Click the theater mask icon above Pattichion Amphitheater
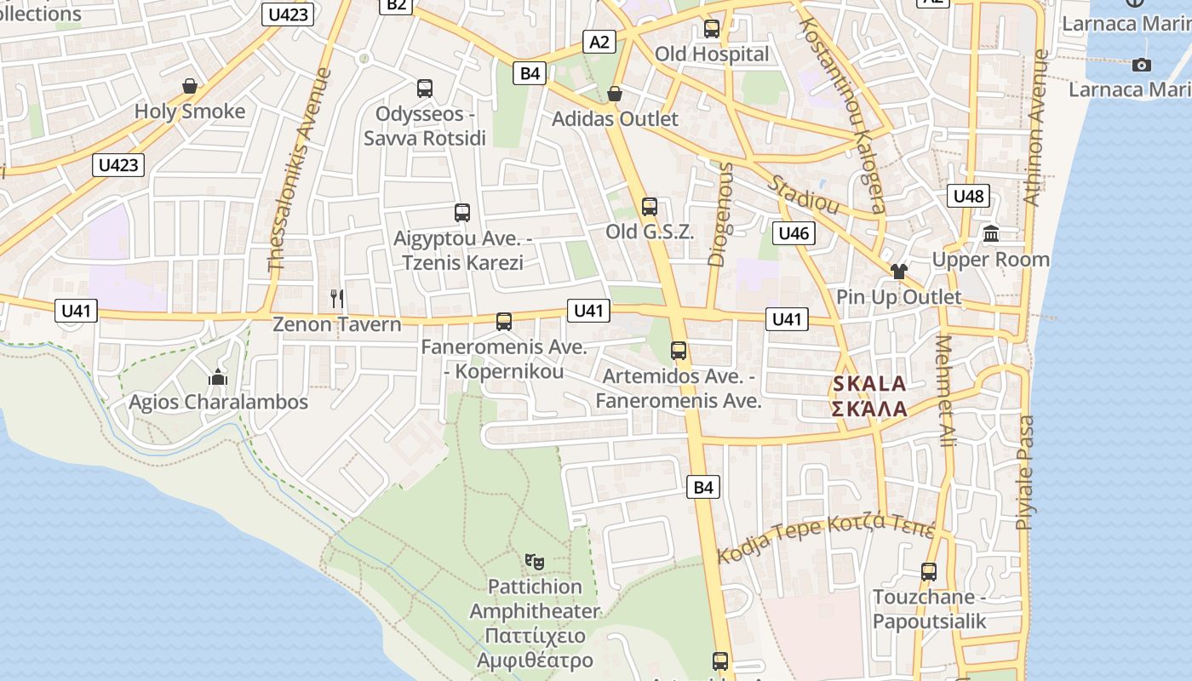point(535,561)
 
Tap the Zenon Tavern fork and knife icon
point(337,298)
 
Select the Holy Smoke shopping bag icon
point(190,86)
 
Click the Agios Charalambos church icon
point(218,376)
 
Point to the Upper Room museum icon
point(991,233)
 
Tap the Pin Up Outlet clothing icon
point(898,272)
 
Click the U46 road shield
point(794,233)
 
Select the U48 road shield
point(968,197)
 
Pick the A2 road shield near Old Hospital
point(600,42)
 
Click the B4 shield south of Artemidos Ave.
point(702,487)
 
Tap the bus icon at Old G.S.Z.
point(650,206)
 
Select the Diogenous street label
point(720,215)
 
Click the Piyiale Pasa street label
point(1026,472)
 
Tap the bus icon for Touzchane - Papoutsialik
point(929,572)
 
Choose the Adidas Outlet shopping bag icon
point(615,93)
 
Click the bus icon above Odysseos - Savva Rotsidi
point(425,88)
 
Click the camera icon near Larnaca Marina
point(1142,65)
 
